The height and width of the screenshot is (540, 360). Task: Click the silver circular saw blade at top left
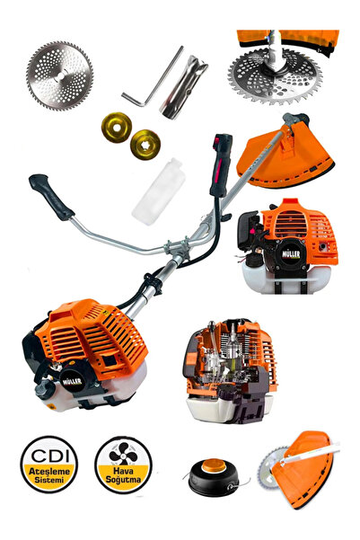[59, 75]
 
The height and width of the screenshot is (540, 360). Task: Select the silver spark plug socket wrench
[184, 84]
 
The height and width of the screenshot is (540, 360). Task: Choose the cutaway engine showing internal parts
[231, 373]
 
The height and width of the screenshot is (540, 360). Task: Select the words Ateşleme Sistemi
[49, 473]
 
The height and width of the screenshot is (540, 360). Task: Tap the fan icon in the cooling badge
[122, 452]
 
